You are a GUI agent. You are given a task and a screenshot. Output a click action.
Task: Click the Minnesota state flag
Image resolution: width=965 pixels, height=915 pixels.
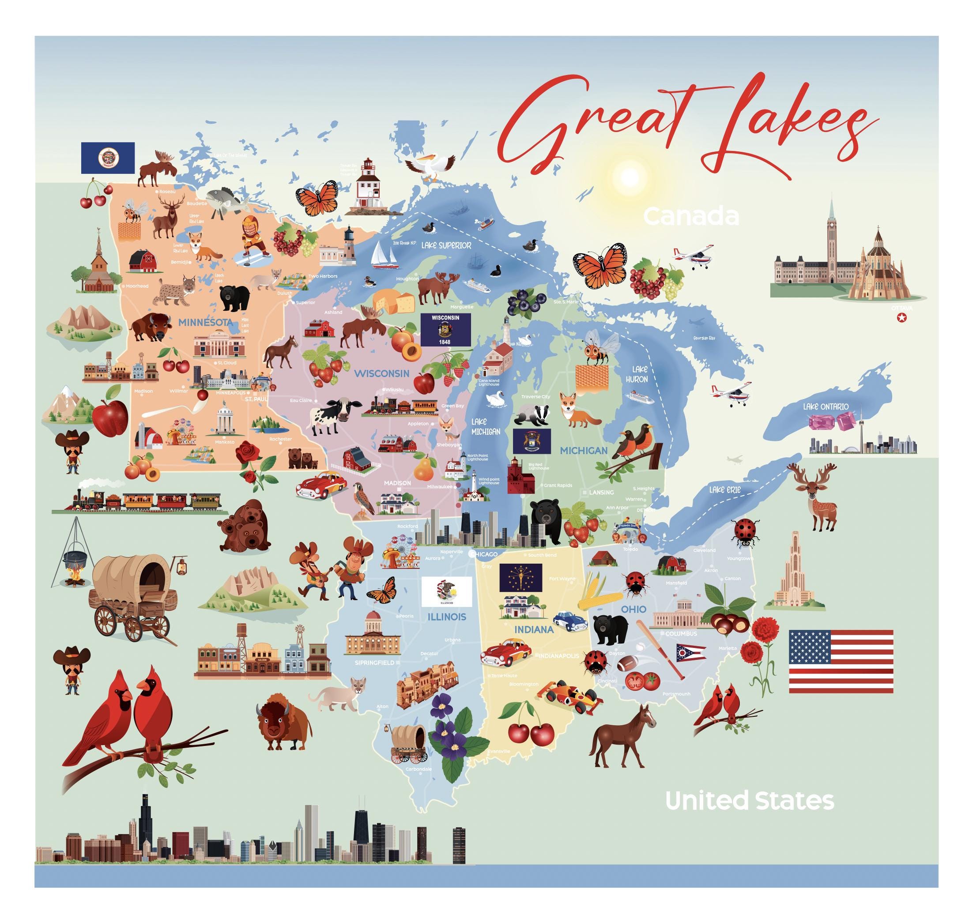coord(108,158)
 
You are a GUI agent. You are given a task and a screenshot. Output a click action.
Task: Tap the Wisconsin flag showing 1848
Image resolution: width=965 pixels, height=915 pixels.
coord(445,330)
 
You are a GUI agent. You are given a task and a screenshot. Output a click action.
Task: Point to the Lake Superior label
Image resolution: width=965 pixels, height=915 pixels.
coord(446,245)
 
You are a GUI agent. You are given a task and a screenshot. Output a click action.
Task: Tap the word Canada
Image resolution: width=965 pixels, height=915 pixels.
coord(691,217)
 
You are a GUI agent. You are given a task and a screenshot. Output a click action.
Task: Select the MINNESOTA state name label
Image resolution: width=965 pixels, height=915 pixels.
coord(204,322)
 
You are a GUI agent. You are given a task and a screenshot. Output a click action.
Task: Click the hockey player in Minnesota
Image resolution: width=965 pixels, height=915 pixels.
coord(254,238)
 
